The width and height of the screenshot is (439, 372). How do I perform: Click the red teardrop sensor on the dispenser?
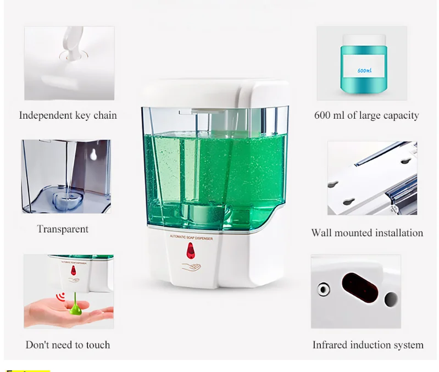[190, 251]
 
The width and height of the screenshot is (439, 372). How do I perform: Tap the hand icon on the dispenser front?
[191, 268]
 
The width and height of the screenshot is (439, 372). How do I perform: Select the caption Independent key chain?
[68, 115]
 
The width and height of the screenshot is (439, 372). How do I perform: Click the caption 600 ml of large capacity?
[366, 115]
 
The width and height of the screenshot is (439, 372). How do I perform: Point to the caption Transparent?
[63, 229]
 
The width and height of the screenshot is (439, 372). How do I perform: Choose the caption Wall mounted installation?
[367, 233]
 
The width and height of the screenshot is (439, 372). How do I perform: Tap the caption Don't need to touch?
[68, 345]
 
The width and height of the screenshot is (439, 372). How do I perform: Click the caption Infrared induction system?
[368, 345]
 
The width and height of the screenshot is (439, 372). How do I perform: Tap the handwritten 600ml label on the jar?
[364, 71]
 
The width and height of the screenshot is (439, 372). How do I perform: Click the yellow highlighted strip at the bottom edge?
[27, 370]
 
